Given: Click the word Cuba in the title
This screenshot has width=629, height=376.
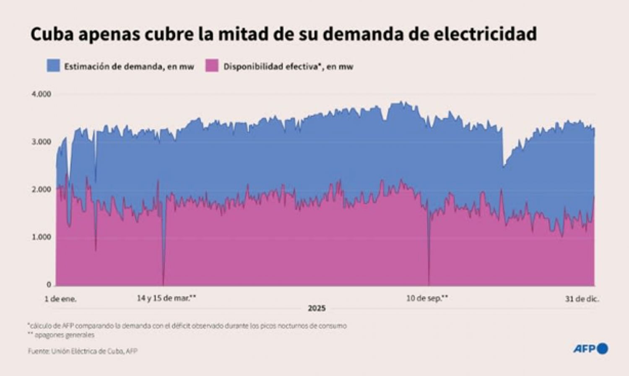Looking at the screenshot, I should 51,34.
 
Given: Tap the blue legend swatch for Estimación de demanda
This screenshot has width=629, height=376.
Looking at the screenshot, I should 53,66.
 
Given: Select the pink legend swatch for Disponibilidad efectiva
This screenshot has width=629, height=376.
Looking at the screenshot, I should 212,66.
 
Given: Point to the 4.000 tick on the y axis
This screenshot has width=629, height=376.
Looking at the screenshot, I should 42,94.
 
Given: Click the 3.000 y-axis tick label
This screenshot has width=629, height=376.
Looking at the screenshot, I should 42,142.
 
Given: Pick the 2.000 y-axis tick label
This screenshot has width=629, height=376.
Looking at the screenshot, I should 42,189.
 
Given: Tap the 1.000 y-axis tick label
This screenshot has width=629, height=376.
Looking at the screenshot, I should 42,237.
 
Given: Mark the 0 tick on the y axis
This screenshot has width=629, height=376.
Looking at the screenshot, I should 49,285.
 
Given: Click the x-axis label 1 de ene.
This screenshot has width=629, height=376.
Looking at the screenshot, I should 61,299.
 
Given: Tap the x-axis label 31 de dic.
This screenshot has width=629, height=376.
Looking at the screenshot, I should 582,299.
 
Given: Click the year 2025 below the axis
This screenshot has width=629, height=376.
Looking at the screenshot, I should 317,309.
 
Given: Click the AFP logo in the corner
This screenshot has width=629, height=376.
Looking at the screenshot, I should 590,349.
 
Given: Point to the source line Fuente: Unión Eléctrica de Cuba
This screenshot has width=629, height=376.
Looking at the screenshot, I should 83,351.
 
